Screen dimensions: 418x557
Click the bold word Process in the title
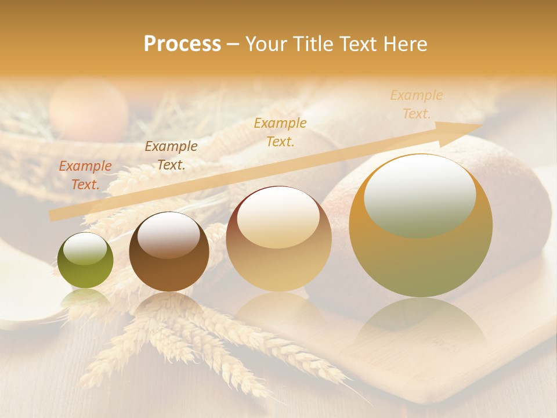point(182,44)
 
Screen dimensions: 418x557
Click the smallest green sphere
point(85,261)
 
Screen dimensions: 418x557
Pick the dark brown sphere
point(169,252)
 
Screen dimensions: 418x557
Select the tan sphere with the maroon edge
point(278,239)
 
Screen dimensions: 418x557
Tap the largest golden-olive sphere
point(421,226)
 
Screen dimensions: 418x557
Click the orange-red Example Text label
point(85,175)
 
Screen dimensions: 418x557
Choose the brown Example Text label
point(171,156)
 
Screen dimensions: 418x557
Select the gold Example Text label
point(280,132)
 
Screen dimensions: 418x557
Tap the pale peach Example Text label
point(417,104)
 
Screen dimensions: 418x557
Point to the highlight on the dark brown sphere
point(169,234)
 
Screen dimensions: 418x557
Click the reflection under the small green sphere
point(85,299)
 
